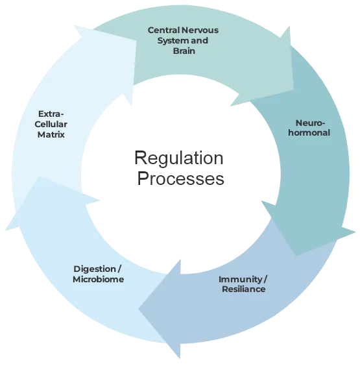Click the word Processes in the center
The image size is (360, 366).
[x=180, y=178]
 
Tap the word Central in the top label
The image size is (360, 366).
[x=164, y=30]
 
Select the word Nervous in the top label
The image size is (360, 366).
[x=200, y=30]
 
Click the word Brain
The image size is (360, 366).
[x=184, y=51]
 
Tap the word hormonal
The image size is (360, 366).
[x=309, y=133]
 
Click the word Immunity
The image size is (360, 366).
[x=240, y=280]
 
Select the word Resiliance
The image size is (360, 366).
[x=244, y=289]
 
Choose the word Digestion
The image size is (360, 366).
[x=95, y=269]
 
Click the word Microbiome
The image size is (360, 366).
[x=98, y=279]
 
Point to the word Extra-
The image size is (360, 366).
[x=51, y=114]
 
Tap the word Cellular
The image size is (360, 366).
[x=51, y=124]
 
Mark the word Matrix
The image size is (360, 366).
[x=51, y=134]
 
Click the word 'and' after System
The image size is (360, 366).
[x=199, y=41]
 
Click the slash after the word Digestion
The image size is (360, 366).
[x=119, y=269]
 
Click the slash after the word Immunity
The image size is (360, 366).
[x=265, y=280]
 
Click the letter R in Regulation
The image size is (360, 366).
[x=141, y=158]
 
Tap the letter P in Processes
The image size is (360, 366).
[x=143, y=178]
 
